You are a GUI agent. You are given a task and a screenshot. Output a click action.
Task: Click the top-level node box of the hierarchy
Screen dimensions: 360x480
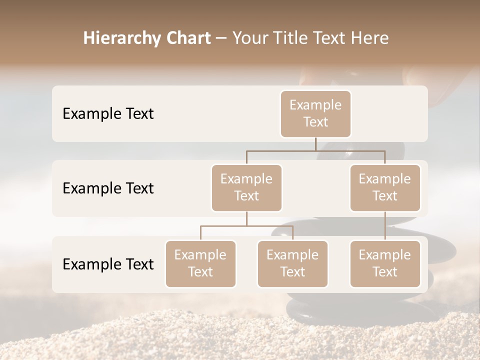315,114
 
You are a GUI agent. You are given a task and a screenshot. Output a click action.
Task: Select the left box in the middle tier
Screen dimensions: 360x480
246,188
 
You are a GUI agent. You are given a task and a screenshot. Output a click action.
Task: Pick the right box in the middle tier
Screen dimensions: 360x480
385,188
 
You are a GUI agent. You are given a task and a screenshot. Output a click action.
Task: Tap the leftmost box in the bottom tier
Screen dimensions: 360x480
200,264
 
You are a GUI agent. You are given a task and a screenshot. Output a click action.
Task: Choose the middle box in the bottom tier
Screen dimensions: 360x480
292,264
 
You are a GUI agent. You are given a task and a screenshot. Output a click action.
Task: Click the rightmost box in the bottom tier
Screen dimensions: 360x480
385,264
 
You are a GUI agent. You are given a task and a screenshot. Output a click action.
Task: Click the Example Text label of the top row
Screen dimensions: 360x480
108,114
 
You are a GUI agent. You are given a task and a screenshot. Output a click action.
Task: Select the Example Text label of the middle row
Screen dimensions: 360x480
108,188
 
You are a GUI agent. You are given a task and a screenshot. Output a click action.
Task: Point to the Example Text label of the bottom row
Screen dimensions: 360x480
108,264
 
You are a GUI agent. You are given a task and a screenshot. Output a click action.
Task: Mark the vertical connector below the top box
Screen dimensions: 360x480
315,144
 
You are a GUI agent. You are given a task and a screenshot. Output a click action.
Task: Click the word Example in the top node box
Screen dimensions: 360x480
315,105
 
